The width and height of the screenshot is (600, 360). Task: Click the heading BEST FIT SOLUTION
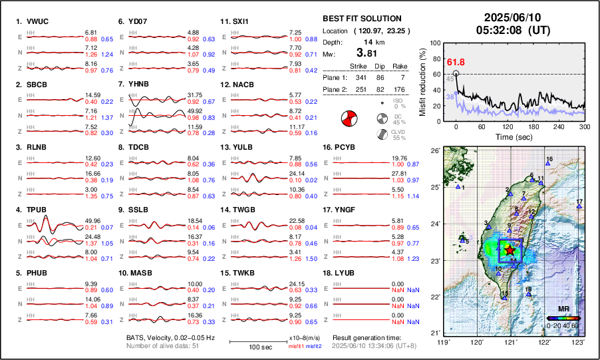click(361, 19)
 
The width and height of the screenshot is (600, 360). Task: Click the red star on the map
click(510, 250)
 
